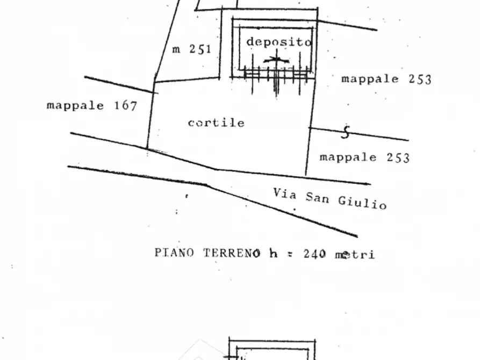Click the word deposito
click(x=279, y=42)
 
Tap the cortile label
click(x=216, y=123)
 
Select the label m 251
click(x=192, y=49)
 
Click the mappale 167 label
click(x=92, y=106)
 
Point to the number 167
click(x=126, y=106)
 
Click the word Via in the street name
click(x=285, y=193)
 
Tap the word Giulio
click(x=362, y=203)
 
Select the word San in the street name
click(x=318, y=198)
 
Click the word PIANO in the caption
click(x=174, y=253)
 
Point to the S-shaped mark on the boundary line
click(x=346, y=132)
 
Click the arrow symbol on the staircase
click(x=276, y=60)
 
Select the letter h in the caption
click(x=274, y=253)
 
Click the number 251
click(x=200, y=49)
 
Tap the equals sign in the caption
click(x=290, y=254)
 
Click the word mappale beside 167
click(x=75, y=106)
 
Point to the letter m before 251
click(x=176, y=49)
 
